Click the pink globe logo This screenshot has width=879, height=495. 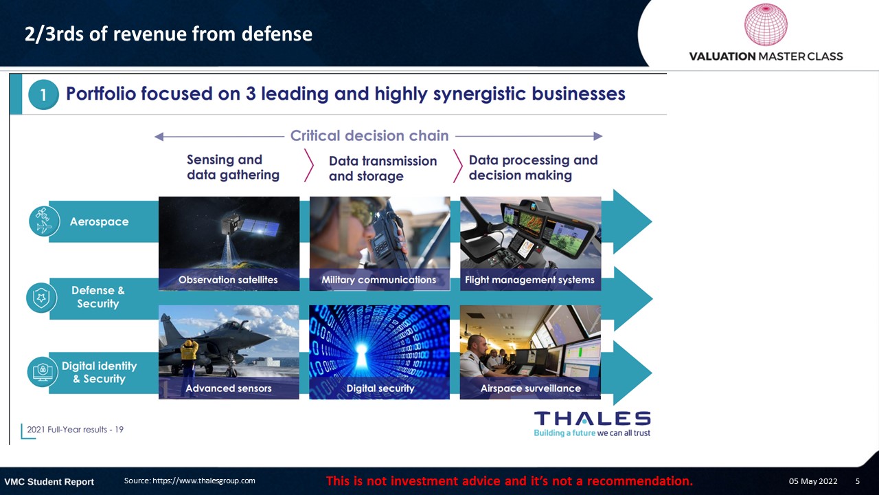766,24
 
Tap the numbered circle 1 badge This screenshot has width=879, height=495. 43,95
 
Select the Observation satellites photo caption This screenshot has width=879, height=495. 228,280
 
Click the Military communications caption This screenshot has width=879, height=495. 378,280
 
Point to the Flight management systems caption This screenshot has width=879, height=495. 529,280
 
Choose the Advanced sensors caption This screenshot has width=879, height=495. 229,388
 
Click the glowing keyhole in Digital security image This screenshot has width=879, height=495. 361,353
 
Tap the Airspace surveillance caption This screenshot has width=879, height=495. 531,388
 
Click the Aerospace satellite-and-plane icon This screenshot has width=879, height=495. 45,221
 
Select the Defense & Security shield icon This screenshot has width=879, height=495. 42,298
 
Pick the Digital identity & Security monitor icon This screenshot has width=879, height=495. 43,372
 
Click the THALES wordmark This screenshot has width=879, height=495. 592,419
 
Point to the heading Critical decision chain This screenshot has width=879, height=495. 369,135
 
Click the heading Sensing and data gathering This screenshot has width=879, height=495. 233,167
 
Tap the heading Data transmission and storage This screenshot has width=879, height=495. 383,168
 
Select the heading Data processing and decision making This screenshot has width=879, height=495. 534,167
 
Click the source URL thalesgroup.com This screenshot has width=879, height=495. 204,481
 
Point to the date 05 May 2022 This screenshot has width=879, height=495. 813,481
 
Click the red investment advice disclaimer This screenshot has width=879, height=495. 510,481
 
